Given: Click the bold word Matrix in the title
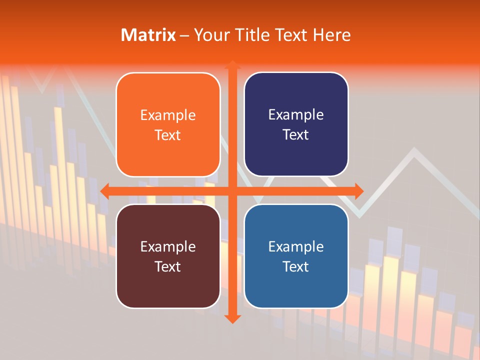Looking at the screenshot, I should click(x=148, y=35).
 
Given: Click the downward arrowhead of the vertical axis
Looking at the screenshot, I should click(x=232, y=318).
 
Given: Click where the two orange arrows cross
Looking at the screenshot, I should click(x=232, y=191).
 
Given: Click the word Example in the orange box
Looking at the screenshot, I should click(x=168, y=115).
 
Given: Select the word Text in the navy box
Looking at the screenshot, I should click(x=296, y=135).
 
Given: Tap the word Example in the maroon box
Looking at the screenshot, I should click(x=168, y=247).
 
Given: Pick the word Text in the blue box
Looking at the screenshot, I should click(x=296, y=266).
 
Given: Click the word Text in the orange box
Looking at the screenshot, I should click(x=168, y=135).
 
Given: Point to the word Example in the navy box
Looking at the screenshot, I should click(x=296, y=115).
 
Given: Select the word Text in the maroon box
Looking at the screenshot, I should click(x=168, y=266).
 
